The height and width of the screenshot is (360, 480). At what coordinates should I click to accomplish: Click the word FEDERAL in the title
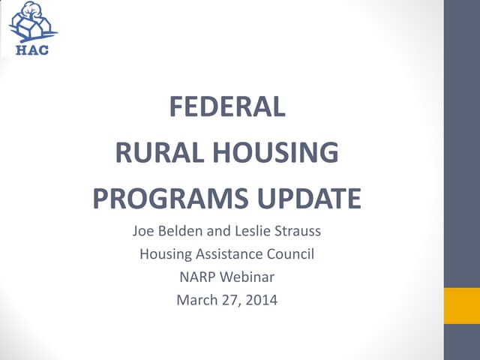226,108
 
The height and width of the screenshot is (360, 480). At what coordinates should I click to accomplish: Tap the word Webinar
248,277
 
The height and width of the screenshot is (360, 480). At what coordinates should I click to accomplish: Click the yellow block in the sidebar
462,306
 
